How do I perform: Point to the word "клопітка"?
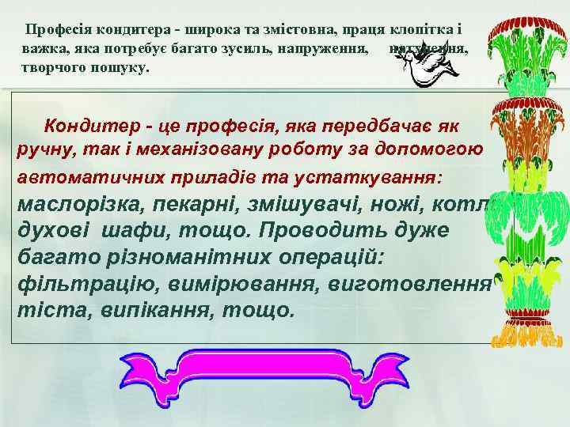[423, 30]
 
